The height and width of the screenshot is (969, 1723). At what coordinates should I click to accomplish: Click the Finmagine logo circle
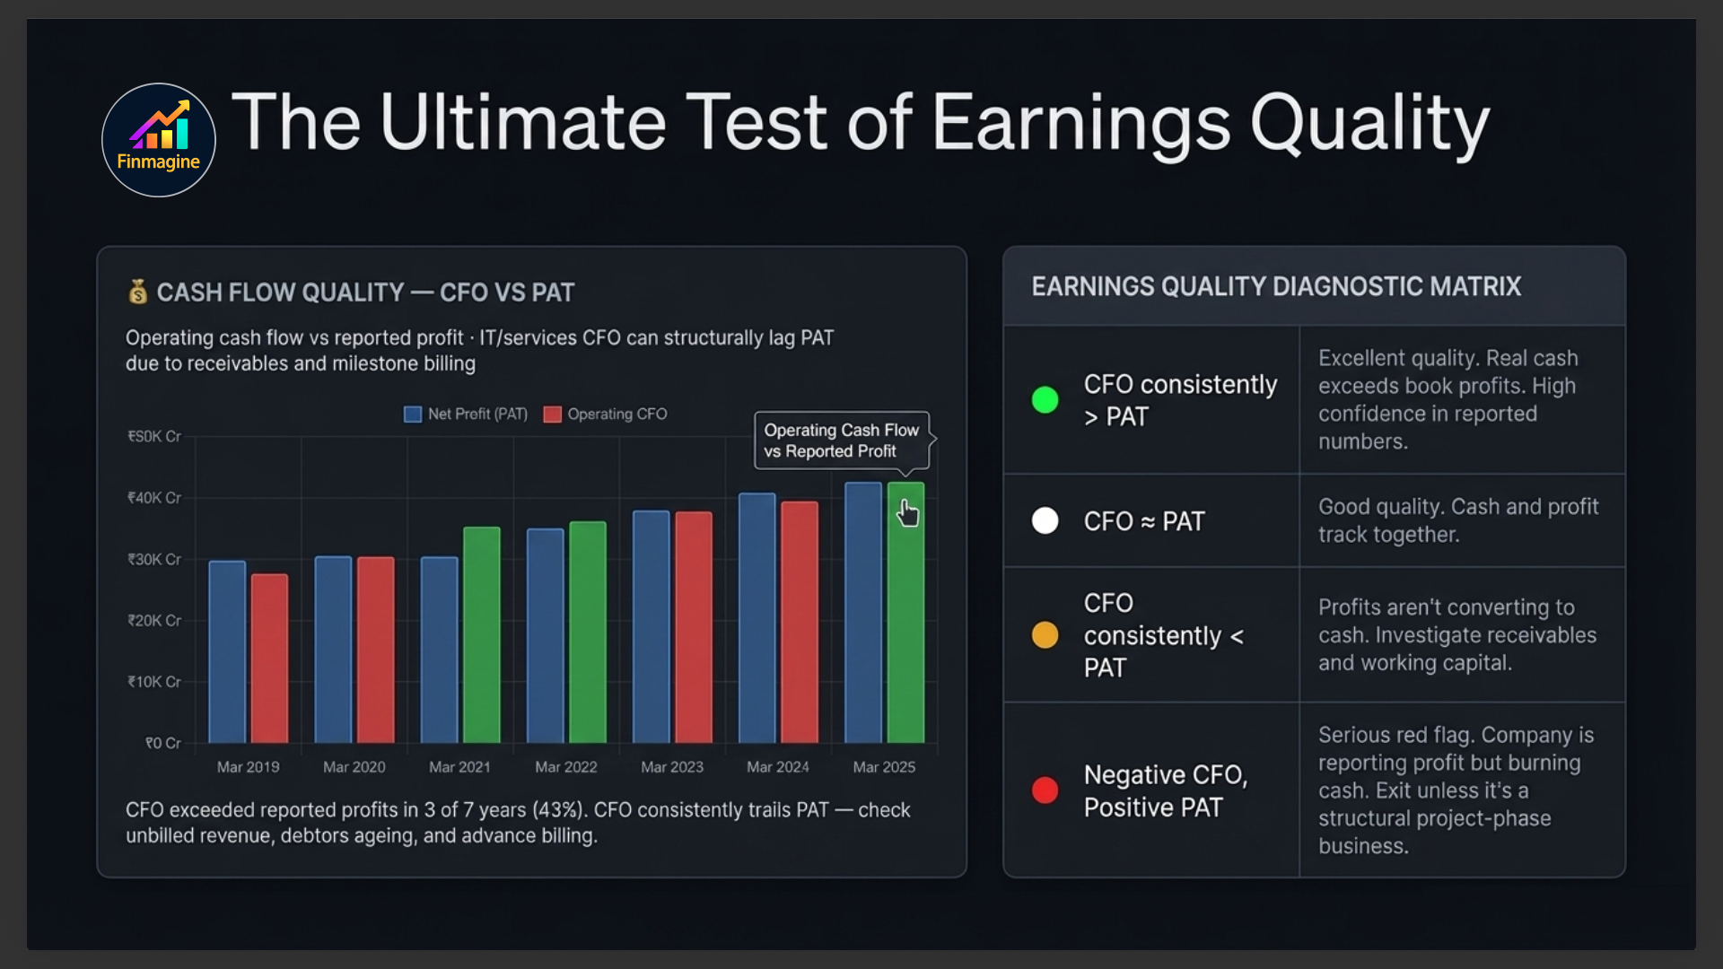click(x=158, y=140)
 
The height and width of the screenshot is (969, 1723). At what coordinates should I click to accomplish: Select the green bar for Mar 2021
click(x=481, y=634)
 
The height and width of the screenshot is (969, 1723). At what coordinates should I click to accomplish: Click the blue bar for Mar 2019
click(x=227, y=651)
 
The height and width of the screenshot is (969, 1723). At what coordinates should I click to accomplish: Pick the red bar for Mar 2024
click(x=799, y=622)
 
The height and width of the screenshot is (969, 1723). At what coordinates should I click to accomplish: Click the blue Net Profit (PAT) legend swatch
click(x=413, y=414)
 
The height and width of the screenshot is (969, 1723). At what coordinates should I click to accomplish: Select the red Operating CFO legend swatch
click(x=552, y=414)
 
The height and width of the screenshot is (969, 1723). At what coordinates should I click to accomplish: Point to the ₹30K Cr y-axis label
click(x=154, y=559)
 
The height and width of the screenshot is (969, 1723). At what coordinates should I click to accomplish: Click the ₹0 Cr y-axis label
click(x=162, y=743)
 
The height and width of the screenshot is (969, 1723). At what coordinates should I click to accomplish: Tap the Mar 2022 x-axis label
click(x=565, y=767)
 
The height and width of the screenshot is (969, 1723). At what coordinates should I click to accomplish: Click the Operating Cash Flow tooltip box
click(x=841, y=441)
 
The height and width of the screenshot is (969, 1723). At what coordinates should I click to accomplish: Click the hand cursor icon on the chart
click(x=908, y=513)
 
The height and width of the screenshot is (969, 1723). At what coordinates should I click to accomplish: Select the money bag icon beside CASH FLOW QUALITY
click(x=137, y=292)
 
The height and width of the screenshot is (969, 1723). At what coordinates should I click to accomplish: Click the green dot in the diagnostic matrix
click(x=1045, y=399)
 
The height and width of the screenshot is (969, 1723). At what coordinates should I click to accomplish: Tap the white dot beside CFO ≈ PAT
click(x=1045, y=520)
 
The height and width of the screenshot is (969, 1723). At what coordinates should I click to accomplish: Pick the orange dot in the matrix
click(x=1045, y=635)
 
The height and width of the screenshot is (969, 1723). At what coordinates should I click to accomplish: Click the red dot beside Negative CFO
click(x=1045, y=790)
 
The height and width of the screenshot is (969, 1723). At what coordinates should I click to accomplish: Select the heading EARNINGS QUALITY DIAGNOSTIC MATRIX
click(x=1275, y=286)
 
